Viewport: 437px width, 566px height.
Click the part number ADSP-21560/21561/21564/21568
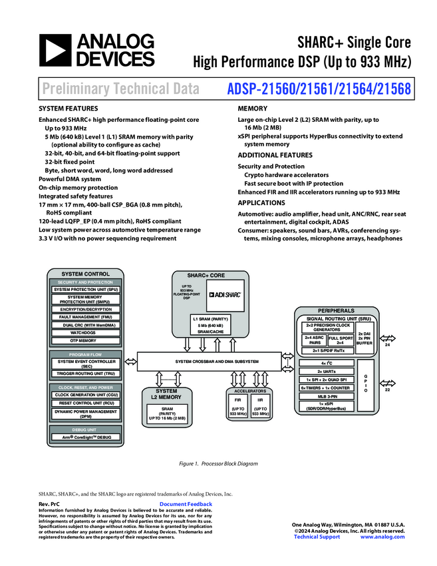319,88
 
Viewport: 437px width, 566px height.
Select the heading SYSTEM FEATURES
69,109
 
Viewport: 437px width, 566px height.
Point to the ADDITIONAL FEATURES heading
275,155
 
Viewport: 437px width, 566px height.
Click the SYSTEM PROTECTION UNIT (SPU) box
86,290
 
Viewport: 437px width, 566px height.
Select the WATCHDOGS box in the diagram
86,332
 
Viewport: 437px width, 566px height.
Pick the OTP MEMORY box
86,340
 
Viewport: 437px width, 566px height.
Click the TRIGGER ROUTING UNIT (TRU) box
86,373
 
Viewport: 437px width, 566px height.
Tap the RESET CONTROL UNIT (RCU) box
86,403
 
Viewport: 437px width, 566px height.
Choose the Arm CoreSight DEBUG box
86,437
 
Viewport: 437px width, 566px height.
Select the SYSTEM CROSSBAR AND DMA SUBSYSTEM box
217,361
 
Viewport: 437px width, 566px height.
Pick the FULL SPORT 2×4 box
341,341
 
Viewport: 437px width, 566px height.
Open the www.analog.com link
382,537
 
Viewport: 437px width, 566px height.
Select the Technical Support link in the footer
317,537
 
